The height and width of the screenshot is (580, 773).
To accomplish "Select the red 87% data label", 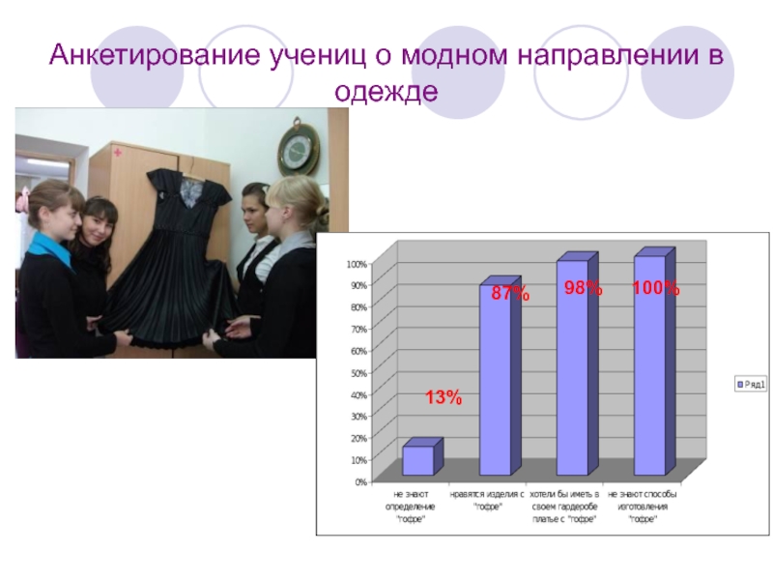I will (x=509, y=293).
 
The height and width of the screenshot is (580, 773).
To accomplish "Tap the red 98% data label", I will (x=583, y=289).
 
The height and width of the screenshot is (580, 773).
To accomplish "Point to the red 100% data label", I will (x=656, y=289).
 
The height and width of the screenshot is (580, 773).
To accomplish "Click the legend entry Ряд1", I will (x=749, y=384).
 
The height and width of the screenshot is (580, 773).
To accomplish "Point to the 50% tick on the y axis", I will (x=357, y=372).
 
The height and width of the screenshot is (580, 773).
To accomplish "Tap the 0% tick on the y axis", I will (x=358, y=480).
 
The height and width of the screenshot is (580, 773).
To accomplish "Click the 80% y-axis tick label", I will (x=357, y=307).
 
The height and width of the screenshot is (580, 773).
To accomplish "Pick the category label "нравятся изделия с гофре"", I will (x=488, y=500).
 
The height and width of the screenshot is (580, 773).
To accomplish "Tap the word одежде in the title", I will (x=386, y=92).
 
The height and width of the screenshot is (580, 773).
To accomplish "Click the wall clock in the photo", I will (x=298, y=148).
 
